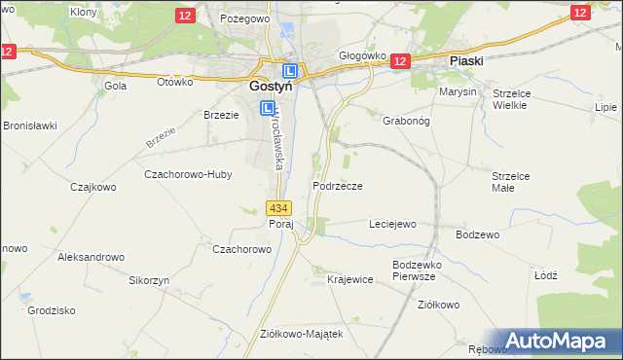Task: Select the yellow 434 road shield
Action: [x=278, y=208]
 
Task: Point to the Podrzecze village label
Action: [x=338, y=186]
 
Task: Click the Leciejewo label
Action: [x=392, y=224]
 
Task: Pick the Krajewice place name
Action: [x=350, y=279]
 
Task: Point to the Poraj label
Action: [x=281, y=224]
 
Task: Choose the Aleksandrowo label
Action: [x=92, y=257]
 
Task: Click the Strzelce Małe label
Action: [x=510, y=181]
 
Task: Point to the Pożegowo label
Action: [x=243, y=18]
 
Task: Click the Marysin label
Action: [x=458, y=91]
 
